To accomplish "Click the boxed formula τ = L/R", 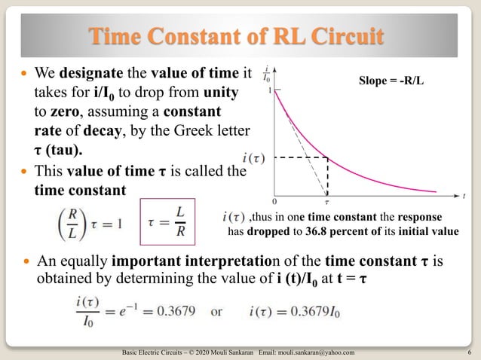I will (167, 221).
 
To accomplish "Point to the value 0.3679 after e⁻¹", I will (180, 311).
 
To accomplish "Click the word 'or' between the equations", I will (216, 311).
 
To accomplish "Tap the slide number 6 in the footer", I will (469, 352).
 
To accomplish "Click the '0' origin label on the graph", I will (274, 202).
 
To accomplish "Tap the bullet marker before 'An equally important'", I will (27, 263).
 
